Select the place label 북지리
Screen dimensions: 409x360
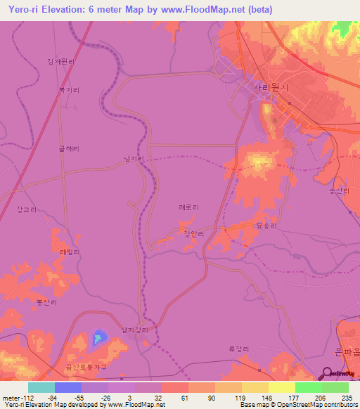click(69, 91)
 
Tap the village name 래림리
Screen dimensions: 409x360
click(70, 252)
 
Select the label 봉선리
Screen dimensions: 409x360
click(46, 302)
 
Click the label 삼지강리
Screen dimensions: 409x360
click(136, 330)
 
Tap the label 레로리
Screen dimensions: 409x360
click(188, 207)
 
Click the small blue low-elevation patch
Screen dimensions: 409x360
click(97, 339)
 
